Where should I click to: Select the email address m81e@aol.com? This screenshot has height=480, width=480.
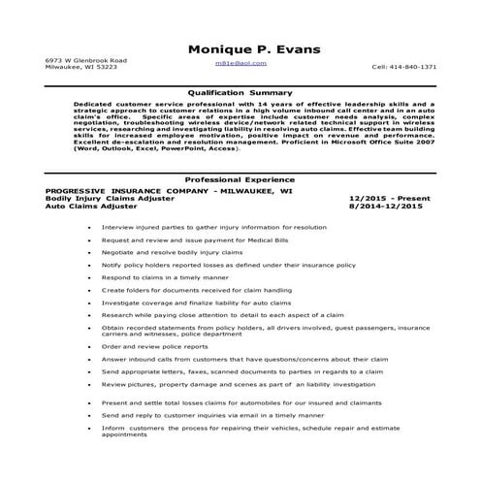coord(240,61)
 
